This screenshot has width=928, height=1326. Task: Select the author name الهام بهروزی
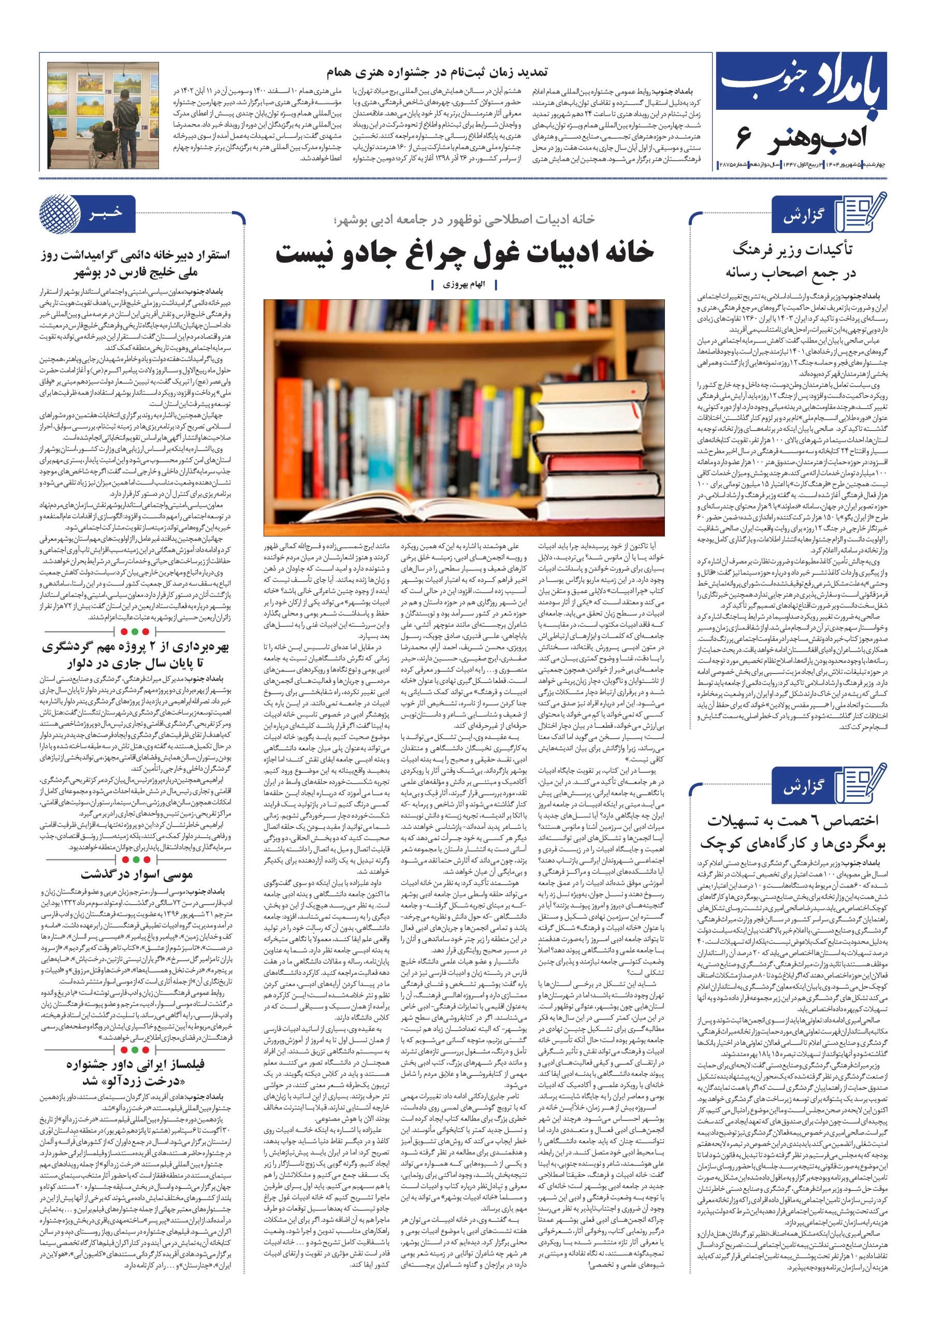click(463, 285)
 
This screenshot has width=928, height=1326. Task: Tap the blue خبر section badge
click(106, 214)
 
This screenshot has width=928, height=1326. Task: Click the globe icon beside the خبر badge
click(58, 214)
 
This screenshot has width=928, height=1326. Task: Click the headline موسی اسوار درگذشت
click(137, 874)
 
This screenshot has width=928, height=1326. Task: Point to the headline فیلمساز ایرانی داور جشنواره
click(135, 1063)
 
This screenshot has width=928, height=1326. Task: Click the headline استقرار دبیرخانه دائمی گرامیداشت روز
click(135, 255)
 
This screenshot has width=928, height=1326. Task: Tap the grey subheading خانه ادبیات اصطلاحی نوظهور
click(463, 220)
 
